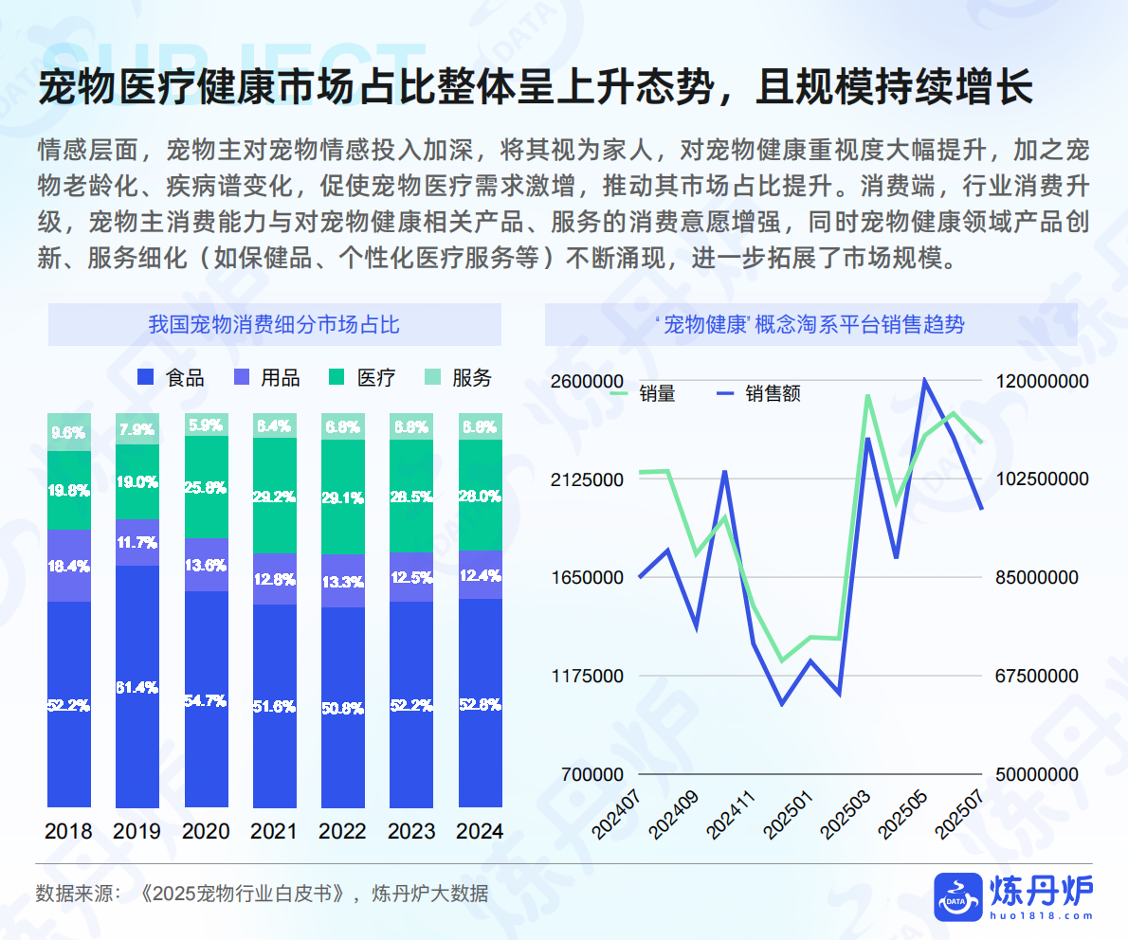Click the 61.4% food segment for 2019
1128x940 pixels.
pyautogui.click(x=136, y=686)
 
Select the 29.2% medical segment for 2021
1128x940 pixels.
pyautogui.click(x=274, y=495)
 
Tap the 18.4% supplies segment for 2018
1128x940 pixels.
pyautogui.click(x=69, y=566)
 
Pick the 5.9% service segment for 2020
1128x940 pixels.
pyautogui.click(x=206, y=425)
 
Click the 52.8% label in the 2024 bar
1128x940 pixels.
pyautogui.click(x=480, y=704)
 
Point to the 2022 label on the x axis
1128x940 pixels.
pyautogui.click(x=342, y=831)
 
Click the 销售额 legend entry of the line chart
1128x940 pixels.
pyautogui.click(x=758, y=393)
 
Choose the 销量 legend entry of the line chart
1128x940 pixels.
pyautogui.click(x=644, y=393)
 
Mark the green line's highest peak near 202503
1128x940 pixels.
pyautogui.click(x=867, y=396)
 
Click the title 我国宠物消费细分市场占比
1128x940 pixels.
pyautogui.click(x=274, y=325)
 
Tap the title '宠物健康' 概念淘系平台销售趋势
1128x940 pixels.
pyautogui.click(x=810, y=325)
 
